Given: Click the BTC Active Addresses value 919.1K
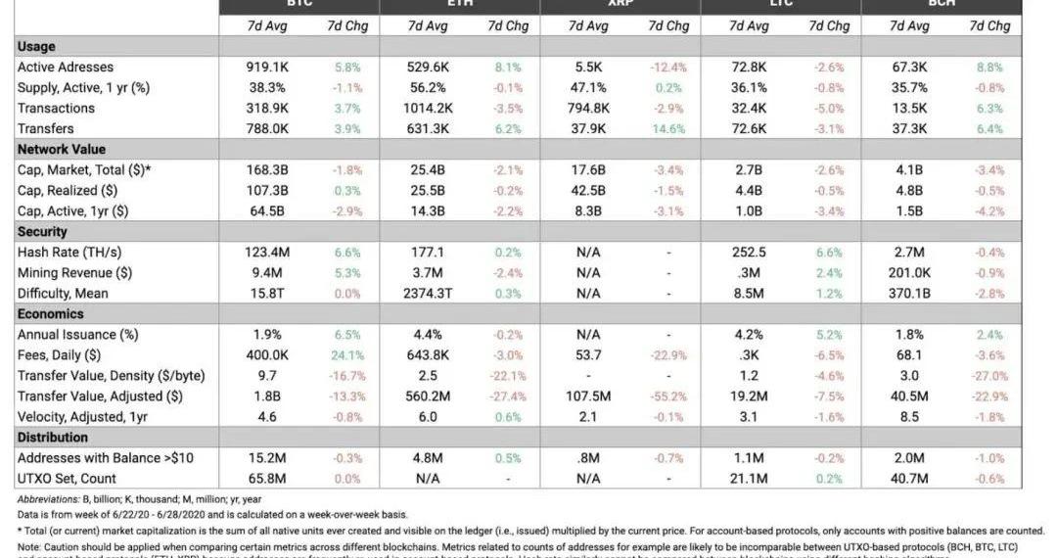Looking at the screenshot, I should (267, 68).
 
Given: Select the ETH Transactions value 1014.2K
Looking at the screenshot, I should (428, 109).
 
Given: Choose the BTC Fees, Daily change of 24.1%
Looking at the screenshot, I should (347, 355).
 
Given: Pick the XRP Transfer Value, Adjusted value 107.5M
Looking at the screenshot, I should (588, 396).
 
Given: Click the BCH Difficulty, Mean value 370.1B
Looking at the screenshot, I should (909, 294).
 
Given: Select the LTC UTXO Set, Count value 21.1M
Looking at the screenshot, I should (749, 479).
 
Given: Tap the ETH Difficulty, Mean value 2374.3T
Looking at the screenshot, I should (428, 294).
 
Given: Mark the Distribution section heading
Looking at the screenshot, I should (52, 438).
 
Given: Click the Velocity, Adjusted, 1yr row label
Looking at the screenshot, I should (82, 417).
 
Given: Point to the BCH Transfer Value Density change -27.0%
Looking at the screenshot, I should (989, 376).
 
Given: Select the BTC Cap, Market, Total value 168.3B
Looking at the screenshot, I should (267, 170).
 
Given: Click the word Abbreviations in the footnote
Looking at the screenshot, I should (49, 499).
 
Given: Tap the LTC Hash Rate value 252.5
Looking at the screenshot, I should (749, 253).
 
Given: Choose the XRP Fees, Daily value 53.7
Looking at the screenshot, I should (588, 355).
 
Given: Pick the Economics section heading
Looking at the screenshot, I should (50, 314).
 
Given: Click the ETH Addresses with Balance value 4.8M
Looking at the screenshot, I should (428, 458).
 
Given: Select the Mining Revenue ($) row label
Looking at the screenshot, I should (74, 273).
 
